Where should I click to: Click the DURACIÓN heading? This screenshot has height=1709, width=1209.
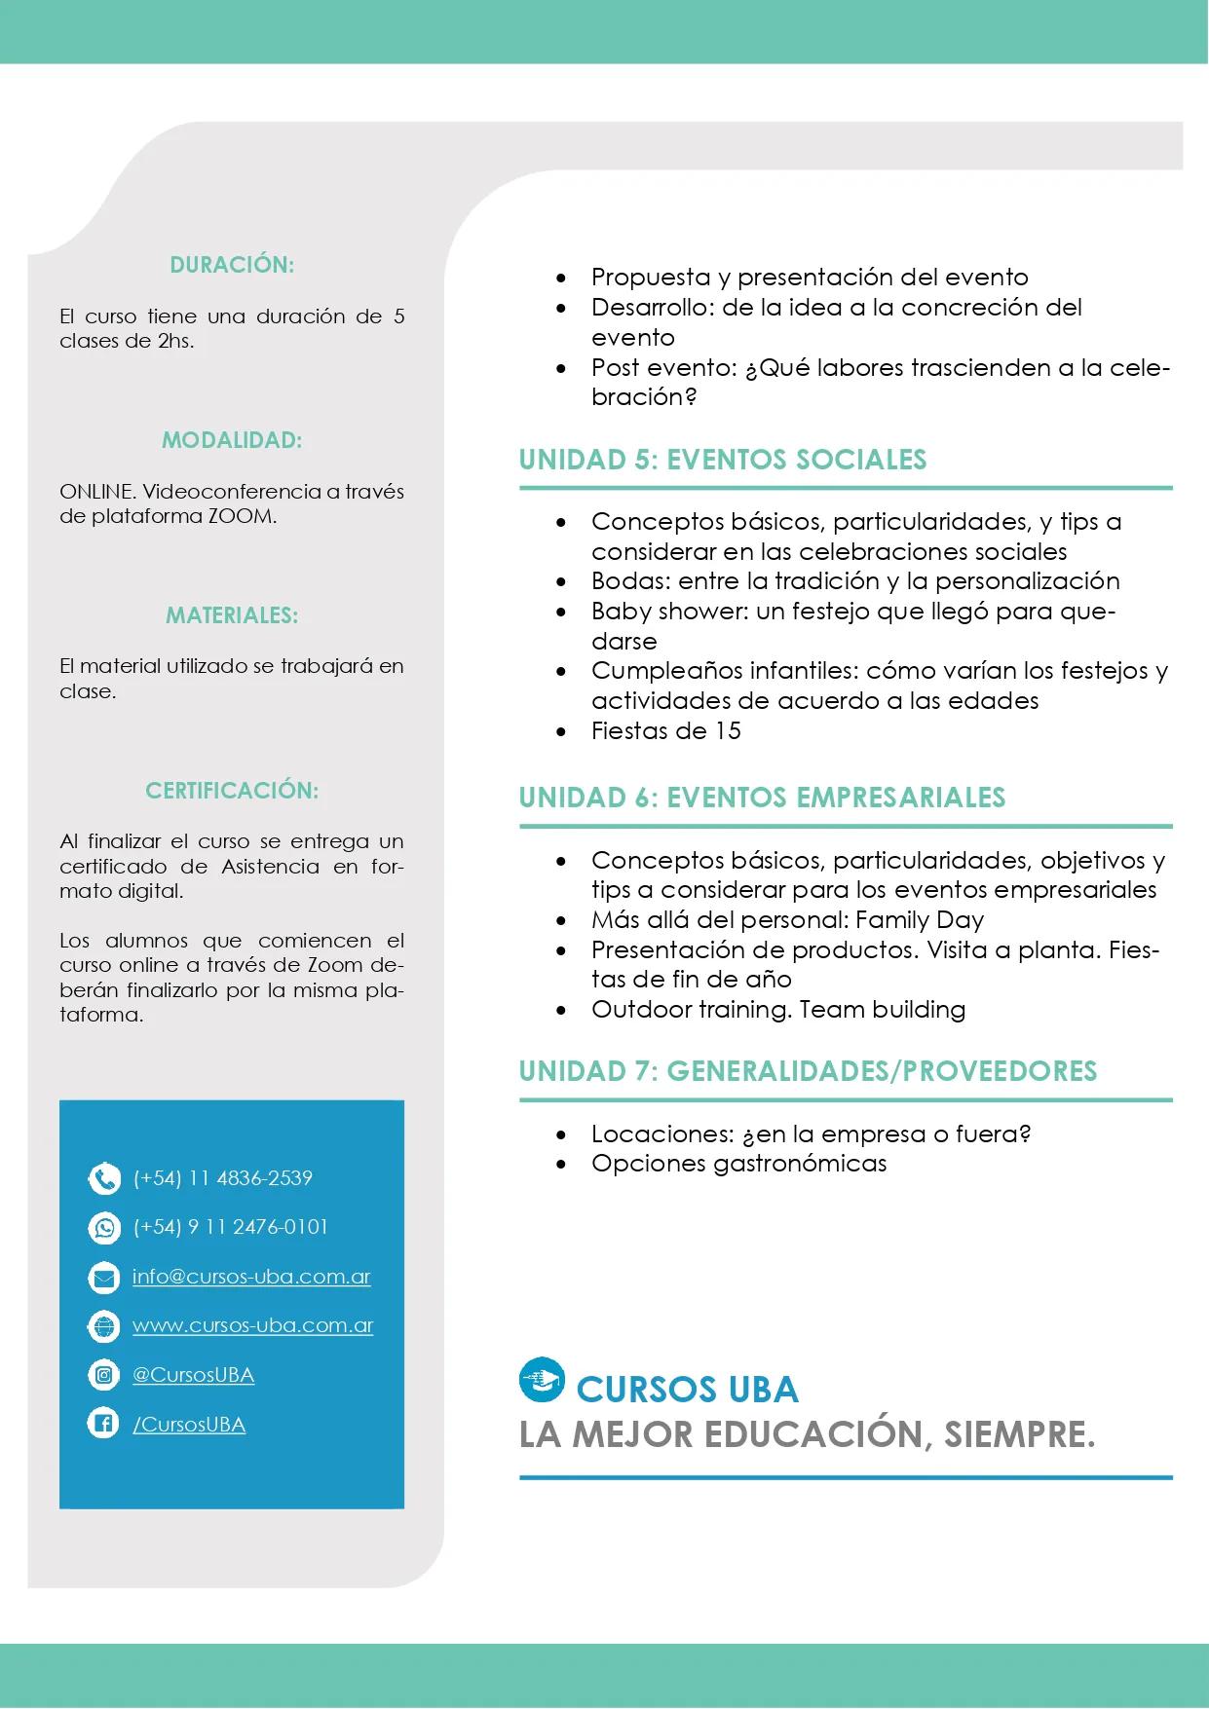[232, 265]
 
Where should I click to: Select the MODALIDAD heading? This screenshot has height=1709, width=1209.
[232, 440]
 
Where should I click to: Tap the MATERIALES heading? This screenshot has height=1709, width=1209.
[232, 615]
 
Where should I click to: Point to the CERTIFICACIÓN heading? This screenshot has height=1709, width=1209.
[232, 791]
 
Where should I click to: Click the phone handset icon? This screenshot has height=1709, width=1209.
[104, 1178]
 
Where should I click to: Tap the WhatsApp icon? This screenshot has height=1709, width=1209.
[104, 1227]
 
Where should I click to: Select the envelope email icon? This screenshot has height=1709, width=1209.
[104, 1277]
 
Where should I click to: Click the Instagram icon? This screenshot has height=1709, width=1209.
[104, 1375]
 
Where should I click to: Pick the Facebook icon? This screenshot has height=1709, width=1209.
[104, 1424]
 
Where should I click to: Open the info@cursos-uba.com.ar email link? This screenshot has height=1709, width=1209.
[251, 1277]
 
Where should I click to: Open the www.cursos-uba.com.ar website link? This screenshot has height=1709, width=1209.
[253, 1325]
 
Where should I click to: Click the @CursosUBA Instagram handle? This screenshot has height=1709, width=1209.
[193, 1375]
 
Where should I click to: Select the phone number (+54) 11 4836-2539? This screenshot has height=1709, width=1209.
[223, 1178]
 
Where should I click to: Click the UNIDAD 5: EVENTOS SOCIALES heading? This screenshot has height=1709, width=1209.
[722, 460]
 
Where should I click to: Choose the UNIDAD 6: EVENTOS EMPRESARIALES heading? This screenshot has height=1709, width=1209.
[762, 798]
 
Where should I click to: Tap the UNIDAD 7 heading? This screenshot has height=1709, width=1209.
[808, 1071]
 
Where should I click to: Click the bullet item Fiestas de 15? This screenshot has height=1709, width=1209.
[666, 731]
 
